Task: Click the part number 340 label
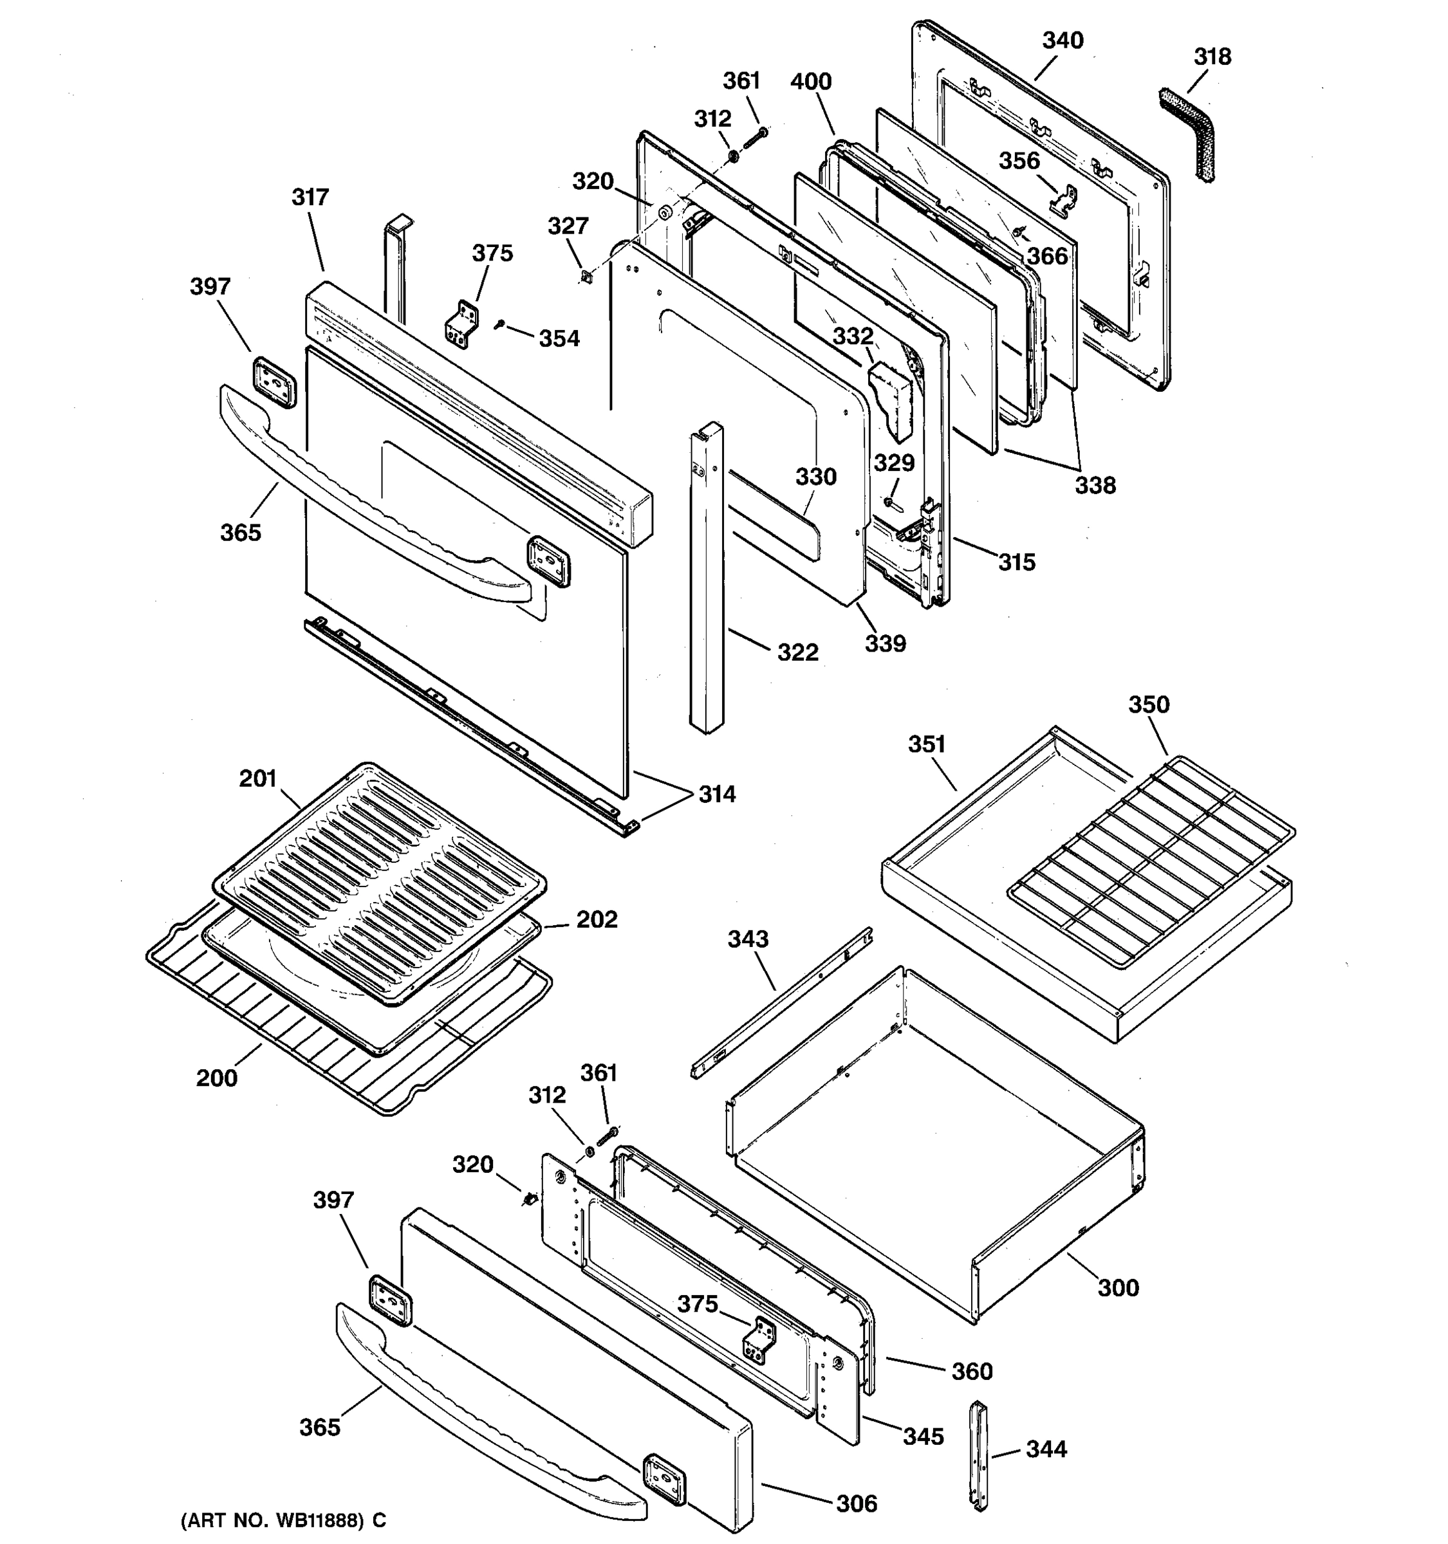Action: (1062, 41)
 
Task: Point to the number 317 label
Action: (310, 198)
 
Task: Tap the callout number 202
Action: (597, 919)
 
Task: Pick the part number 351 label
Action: (927, 745)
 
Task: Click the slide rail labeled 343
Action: (781, 1002)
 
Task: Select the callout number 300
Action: (1118, 1289)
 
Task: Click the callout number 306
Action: (857, 1503)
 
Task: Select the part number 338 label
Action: (1095, 486)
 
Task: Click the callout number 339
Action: (886, 643)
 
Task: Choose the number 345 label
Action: (923, 1436)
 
